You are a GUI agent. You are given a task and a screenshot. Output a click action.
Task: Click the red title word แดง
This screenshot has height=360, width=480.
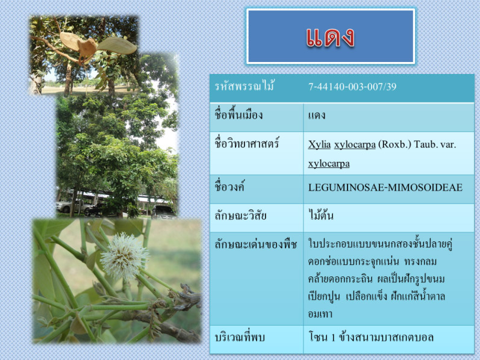[x=330, y=37]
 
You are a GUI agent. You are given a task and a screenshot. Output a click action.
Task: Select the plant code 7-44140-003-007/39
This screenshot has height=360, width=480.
[x=352, y=87]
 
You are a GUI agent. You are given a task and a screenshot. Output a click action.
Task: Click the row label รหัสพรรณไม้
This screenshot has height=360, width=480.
[x=244, y=86]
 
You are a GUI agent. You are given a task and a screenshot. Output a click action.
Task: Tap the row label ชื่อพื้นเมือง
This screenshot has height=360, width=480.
[x=238, y=115]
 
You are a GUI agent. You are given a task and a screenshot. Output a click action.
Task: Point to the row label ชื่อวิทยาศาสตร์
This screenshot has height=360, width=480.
[x=247, y=143]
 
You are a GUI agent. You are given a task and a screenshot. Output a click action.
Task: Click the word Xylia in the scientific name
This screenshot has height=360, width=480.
[x=319, y=144]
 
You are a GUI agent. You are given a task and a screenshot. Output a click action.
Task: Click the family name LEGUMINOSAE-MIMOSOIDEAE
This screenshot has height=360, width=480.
[x=385, y=187]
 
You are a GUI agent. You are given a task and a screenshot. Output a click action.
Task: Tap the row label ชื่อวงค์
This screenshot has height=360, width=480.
[x=229, y=187]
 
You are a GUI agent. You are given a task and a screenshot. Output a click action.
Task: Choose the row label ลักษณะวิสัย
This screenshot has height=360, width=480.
[x=240, y=216]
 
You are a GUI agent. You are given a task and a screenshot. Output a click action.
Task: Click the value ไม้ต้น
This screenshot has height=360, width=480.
[x=320, y=215]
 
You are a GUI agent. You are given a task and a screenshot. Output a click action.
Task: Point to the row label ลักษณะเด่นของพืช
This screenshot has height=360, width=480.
[x=255, y=244]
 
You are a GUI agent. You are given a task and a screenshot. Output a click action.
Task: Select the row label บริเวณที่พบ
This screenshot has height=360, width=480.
[x=240, y=337]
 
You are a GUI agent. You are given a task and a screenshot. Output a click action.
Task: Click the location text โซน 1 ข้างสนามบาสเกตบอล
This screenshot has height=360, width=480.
[x=371, y=337]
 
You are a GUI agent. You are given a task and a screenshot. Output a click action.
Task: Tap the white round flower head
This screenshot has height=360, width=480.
[x=123, y=256]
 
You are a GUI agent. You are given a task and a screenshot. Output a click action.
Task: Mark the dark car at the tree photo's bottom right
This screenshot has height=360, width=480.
[x=163, y=212]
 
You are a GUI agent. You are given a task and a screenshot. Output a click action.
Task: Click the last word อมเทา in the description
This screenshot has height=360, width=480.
[x=320, y=314]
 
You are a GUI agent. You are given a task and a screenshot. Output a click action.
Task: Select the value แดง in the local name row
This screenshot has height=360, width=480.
[x=317, y=116]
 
